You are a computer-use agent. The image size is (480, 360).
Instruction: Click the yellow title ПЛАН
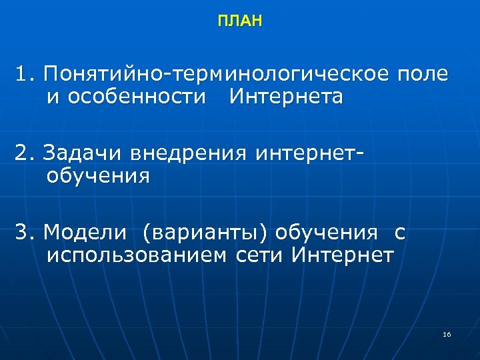tap(240, 22)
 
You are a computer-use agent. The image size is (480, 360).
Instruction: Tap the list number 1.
tap(25, 74)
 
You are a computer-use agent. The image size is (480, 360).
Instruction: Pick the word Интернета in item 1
tap(286, 97)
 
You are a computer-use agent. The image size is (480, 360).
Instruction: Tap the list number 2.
tap(25, 154)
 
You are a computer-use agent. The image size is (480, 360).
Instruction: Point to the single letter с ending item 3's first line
tap(399, 234)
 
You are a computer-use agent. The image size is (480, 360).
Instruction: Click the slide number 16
tap(447, 333)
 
